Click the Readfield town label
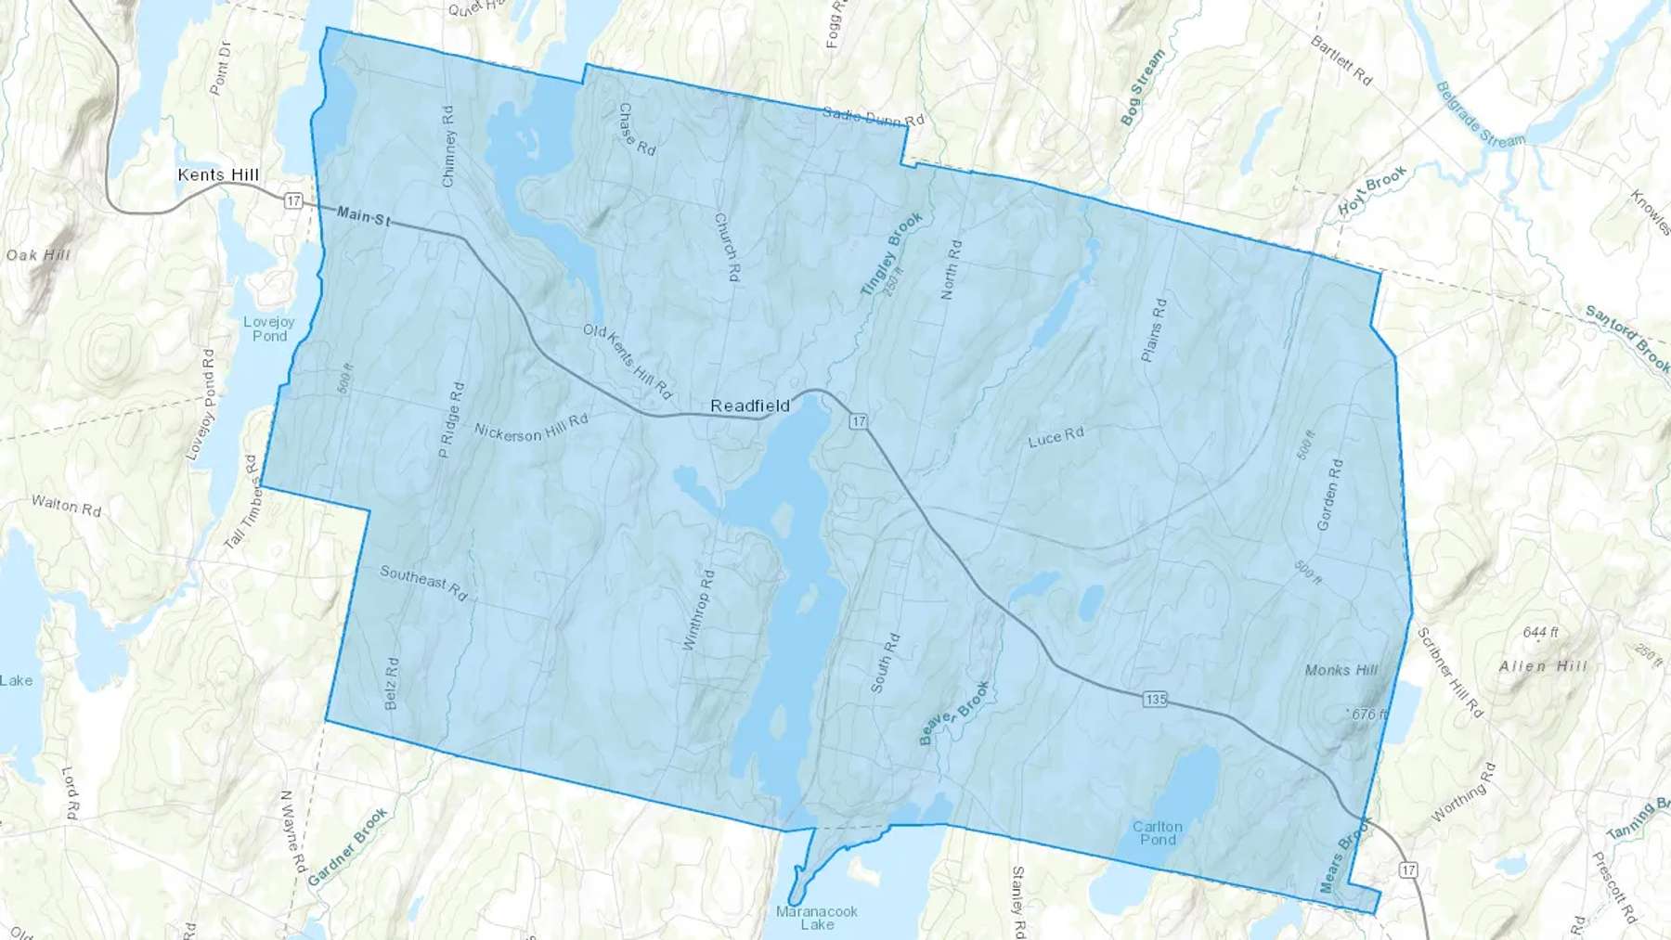click(x=749, y=406)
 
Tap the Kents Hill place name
click(x=218, y=174)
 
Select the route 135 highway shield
click(x=1155, y=699)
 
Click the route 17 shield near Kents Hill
click(x=293, y=200)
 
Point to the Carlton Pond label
click(x=1157, y=832)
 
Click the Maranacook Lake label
click(x=817, y=918)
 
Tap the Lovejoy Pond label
click(x=269, y=328)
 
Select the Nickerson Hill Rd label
click(x=531, y=428)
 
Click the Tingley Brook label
click(x=890, y=253)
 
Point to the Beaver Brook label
click(x=953, y=713)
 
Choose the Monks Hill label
click(x=1341, y=670)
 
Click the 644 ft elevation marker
click(x=1540, y=632)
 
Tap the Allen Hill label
click(x=1543, y=666)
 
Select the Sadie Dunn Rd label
click(x=874, y=117)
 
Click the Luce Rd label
click(x=1056, y=437)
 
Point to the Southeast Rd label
click(x=423, y=583)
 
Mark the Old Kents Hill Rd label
click(x=628, y=361)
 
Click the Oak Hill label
click(x=38, y=254)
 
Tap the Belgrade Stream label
click(x=1480, y=115)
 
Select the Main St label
click(x=363, y=216)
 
